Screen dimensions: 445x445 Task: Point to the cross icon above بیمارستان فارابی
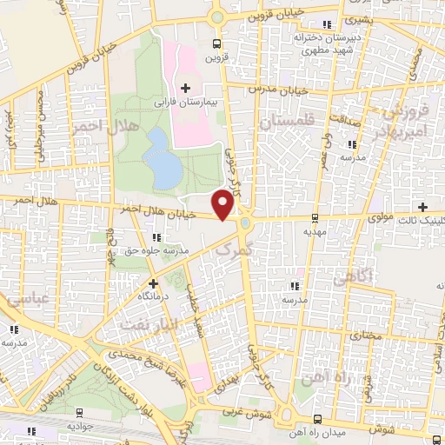[x=185, y=87]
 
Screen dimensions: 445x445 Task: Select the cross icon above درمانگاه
[x=153, y=282]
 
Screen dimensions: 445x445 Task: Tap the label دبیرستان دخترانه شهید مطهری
[x=325, y=44]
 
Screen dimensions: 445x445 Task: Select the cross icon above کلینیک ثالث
[x=422, y=207]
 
